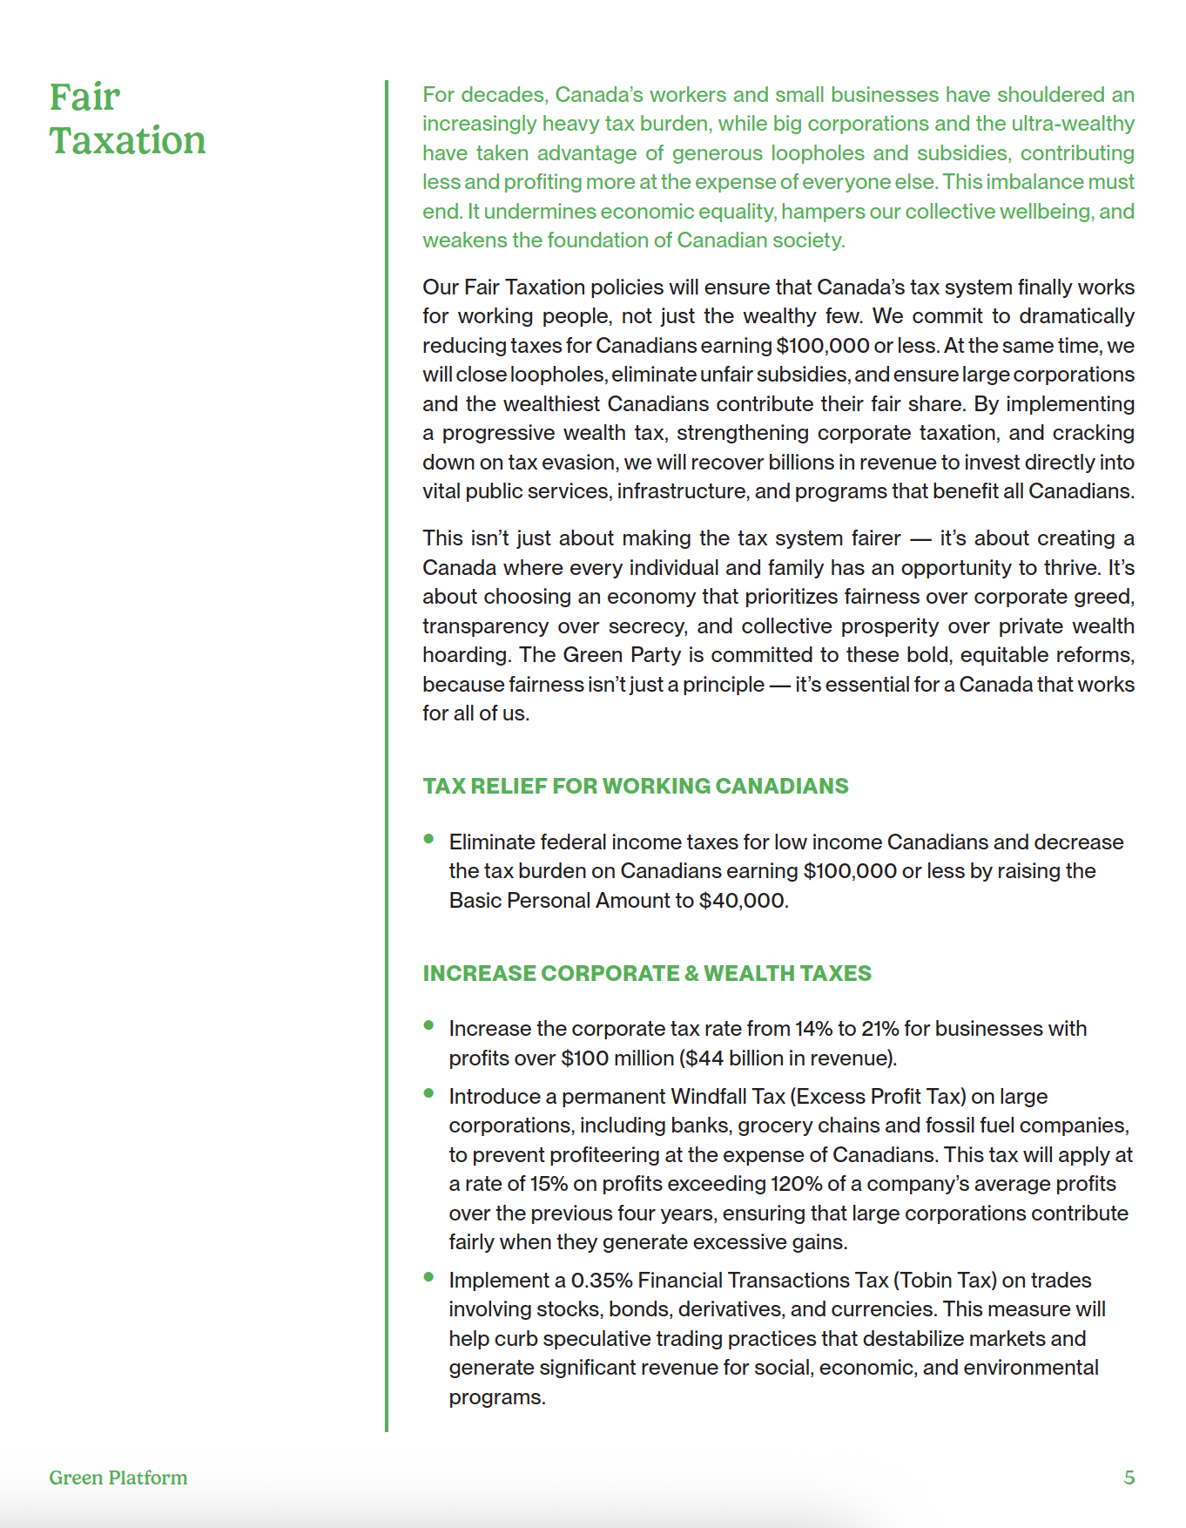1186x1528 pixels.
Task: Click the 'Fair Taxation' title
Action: tap(127, 118)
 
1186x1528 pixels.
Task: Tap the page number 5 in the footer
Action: tap(1129, 1477)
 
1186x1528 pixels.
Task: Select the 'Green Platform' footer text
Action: tap(118, 1477)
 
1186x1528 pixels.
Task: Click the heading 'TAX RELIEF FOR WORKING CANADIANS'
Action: tap(635, 786)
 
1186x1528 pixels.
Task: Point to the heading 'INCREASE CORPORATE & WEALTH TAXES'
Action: tap(647, 973)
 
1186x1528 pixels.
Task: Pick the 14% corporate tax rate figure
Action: tap(813, 1029)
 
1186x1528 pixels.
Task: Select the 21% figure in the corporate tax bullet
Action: tap(879, 1029)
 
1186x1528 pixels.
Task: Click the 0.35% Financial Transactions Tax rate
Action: tap(602, 1281)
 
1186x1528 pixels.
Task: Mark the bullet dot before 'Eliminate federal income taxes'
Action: tap(428, 839)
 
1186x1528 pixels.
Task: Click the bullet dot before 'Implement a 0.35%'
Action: tap(428, 1277)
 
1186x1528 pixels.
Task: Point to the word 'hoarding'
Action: tap(465, 655)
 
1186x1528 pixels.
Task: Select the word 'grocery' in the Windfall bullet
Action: tap(773, 1126)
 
